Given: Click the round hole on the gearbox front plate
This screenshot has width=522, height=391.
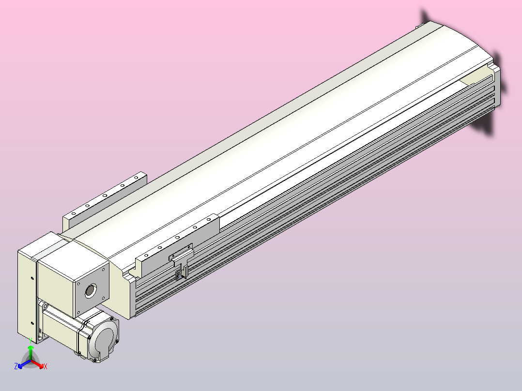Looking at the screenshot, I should point(90,290).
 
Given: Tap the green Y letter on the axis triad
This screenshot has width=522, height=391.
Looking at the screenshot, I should point(30,340).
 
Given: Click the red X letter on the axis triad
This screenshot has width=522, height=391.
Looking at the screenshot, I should point(45,367).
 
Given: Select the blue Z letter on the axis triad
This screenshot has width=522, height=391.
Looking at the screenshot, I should point(16,366).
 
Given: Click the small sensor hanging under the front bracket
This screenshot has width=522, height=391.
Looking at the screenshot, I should point(179,274).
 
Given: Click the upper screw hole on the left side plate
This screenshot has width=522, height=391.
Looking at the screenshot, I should point(32,278).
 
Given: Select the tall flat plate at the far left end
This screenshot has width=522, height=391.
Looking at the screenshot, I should point(27,295).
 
